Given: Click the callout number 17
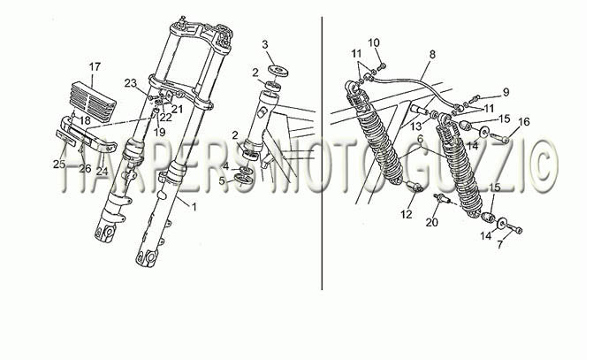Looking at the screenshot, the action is tap(95, 66).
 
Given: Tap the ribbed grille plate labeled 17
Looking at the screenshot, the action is tap(94, 102).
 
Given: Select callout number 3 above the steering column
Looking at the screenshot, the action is tap(265, 44).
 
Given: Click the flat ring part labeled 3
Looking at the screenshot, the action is tap(278, 71).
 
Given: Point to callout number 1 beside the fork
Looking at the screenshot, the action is tap(194, 207).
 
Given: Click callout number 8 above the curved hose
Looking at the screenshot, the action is tap(432, 54).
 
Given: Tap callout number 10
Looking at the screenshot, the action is tap(374, 42).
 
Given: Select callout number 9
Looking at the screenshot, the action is tap(506, 92).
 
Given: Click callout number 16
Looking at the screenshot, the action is tap(523, 122).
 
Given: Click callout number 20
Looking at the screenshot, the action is tap(431, 222).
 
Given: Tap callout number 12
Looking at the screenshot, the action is tap(407, 214).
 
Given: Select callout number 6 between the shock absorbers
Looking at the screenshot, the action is tap(421, 139).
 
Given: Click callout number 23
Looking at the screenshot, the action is tap(131, 83).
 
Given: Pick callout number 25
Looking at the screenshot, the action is tap(59, 165).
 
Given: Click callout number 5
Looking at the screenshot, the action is tap(223, 180).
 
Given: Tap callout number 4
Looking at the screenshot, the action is tap(226, 166).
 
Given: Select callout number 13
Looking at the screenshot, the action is tap(416, 126).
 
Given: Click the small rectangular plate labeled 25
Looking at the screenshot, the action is tap(66, 137).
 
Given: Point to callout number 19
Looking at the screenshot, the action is tap(159, 133).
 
